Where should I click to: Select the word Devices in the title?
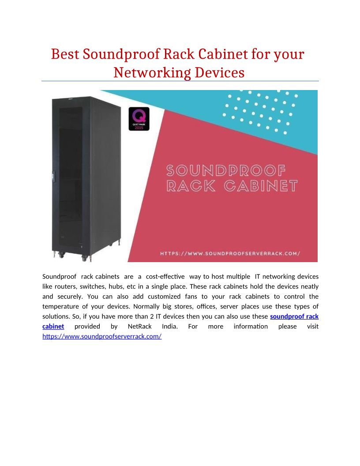coord(220,72)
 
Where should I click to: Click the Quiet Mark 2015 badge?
coord(139,119)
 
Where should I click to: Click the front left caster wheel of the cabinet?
coord(61,255)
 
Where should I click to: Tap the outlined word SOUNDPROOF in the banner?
coord(226,171)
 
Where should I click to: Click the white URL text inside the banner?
coord(230,253)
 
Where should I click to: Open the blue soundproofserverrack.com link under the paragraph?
coord(102,336)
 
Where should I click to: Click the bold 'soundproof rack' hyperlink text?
coord(294,316)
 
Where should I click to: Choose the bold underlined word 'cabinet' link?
coord(53,326)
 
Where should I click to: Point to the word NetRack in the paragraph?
coord(139,326)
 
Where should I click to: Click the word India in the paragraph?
coord(169,326)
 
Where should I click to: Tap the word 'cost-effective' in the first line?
coord(165,277)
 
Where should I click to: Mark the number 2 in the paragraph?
coord(152,316)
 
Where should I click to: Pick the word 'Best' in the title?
coord(65,54)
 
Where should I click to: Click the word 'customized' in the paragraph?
coord(164,297)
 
